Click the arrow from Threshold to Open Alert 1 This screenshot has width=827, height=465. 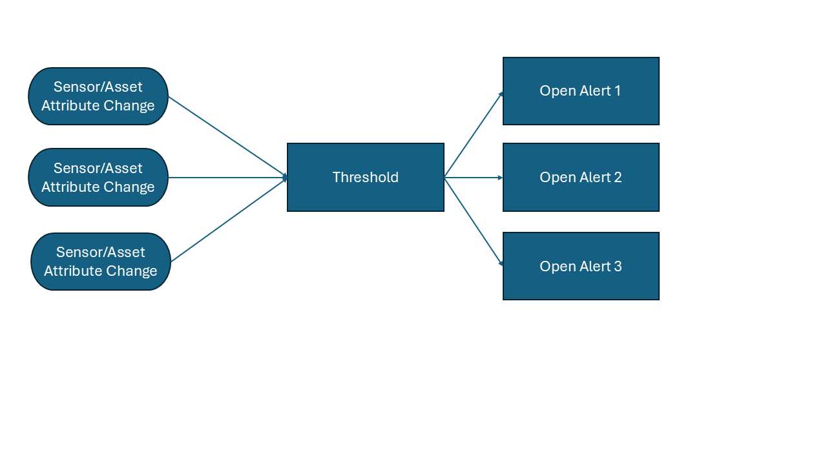474,134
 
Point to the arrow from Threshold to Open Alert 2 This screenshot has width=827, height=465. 474,177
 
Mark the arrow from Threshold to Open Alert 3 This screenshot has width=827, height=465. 474,221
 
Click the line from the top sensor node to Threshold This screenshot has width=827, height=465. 227,137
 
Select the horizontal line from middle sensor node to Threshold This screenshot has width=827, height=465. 227,177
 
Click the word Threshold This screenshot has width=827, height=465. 366,178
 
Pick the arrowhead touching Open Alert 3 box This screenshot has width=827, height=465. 501,263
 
